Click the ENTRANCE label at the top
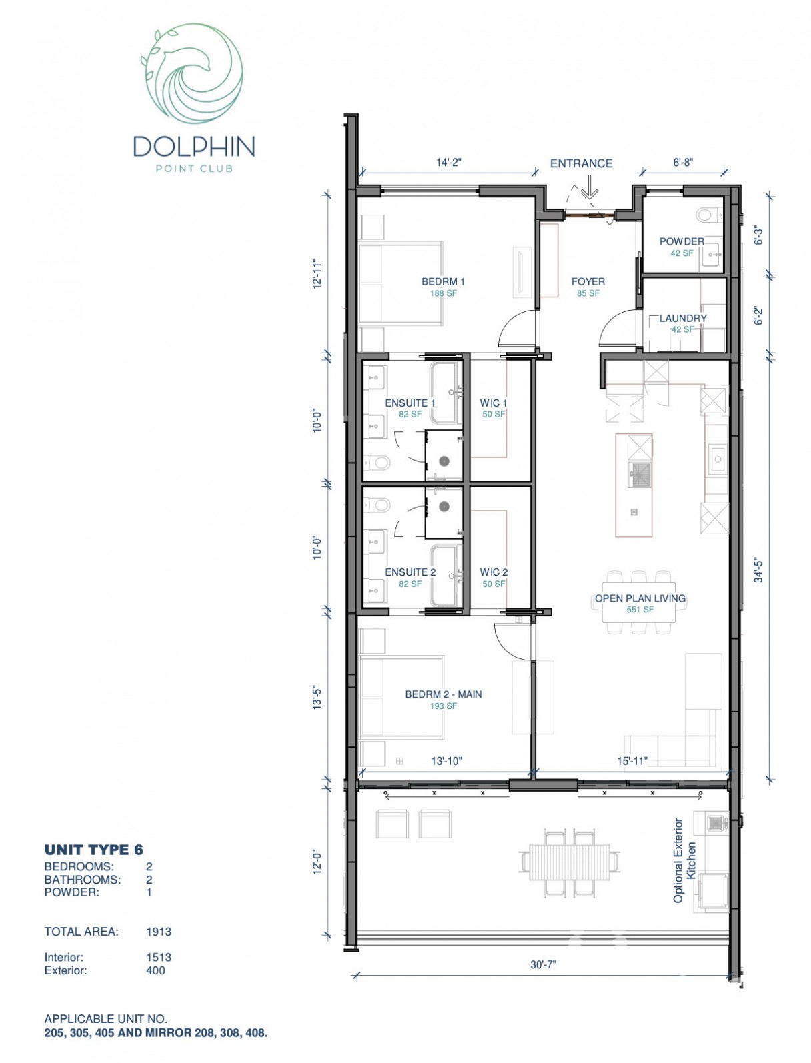tap(581, 163)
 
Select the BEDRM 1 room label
tap(443, 281)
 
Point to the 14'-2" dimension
tap(449, 162)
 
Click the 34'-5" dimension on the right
tap(758, 571)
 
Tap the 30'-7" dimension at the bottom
tap(544, 964)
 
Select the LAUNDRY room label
tap(683, 318)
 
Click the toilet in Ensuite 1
tap(377, 461)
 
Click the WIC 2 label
tap(494, 572)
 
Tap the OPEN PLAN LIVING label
tap(640, 598)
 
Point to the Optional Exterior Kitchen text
tap(685, 861)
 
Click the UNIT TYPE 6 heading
tap(93, 850)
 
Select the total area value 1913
tap(159, 932)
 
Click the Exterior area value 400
tap(155, 970)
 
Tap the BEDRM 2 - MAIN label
tap(443, 694)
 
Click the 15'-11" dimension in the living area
tap(632, 761)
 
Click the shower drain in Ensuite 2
tap(444, 507)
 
